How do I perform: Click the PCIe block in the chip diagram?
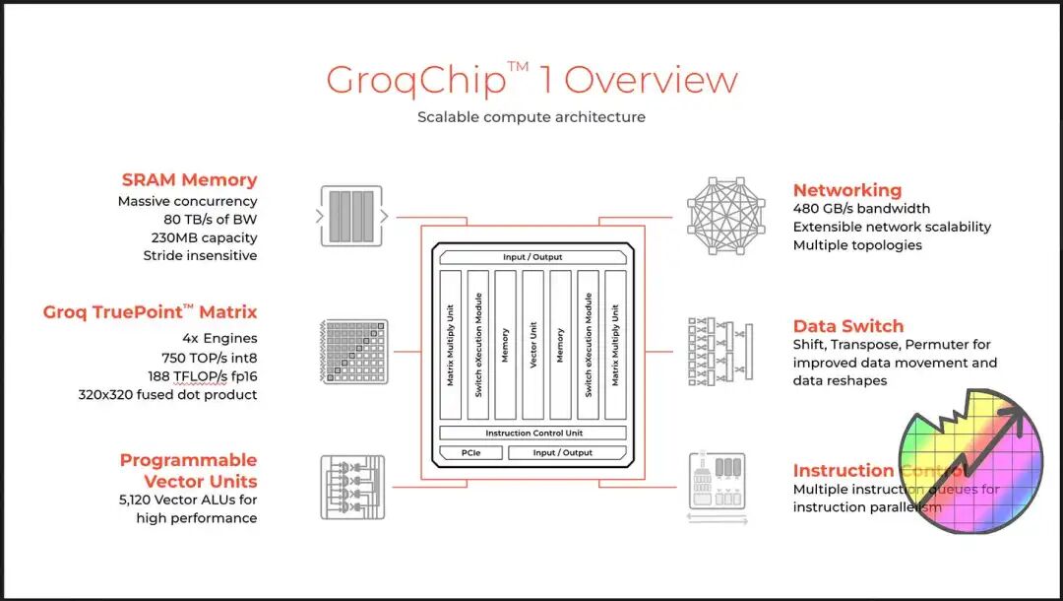coord(470,453)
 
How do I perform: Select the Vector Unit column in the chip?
coord(532,346)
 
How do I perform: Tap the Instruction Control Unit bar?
coord(532,434)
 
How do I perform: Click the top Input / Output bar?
coord(532,257)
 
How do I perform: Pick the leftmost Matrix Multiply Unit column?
coord(450,346)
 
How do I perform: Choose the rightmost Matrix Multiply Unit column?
coord(615,346)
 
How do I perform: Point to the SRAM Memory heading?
coord(189,180)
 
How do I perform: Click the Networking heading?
coord(847,190)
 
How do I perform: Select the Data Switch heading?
coord(848,326)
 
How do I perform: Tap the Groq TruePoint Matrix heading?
coord(150,312)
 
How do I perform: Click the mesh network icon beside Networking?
coord(725,216)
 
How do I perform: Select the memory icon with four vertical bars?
coord(351,217)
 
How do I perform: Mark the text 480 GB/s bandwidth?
coord(861,209)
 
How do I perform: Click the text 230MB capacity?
coord(202,237)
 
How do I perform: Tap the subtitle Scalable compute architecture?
coord(531,117)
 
